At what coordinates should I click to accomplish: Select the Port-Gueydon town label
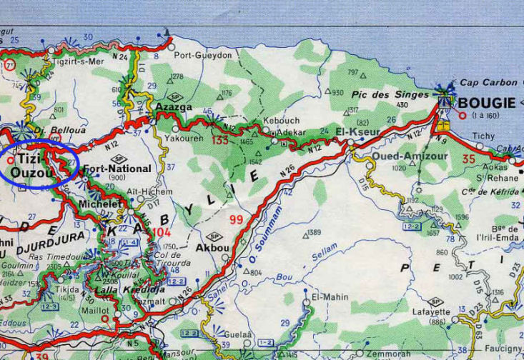click(203, 55)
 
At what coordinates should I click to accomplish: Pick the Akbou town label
click(212, 249)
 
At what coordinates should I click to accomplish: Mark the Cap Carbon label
click(488, 83)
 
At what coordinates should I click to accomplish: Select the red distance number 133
click(220, 140)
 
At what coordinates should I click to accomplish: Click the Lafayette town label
click(431, 312)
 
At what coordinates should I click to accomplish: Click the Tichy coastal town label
click(483, 135)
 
